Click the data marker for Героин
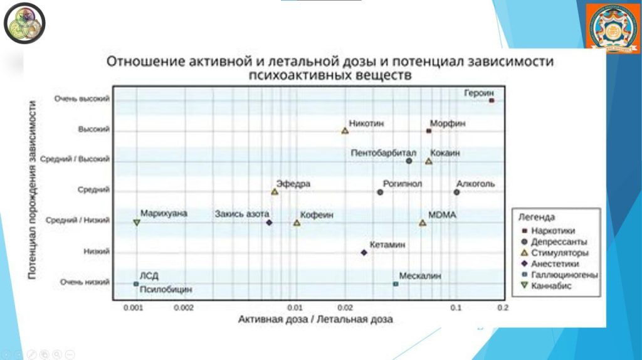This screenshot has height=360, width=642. pyautogui.click(x=492, y=100)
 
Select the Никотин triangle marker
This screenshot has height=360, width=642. pyautogui.click(x=345, y=131)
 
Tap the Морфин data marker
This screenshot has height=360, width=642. pyautogui.click(x=429, y=131)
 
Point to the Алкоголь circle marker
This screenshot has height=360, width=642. pyautogui.click(x=456, y=192)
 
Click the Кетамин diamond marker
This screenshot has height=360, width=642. pyautogui.click(x=364, y=253)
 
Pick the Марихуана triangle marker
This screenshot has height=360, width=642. pyautogui.click(x=136, y=223)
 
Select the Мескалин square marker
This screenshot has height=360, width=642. pyautogui.click(x=396, y=284)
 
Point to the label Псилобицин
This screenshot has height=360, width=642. pyautogui.click(x=166, y=290)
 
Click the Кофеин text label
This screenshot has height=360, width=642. pyautogui.click(x=317, y=214)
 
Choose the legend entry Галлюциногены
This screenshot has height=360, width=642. pyautogui.click(x=564, y=275)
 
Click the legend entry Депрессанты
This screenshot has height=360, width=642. pyautogui.click(x=559, y=241)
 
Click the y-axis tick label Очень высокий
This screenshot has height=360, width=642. pyautogui.click(x=82, y=99)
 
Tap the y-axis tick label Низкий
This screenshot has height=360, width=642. pyautogui.click(x=97, y=252)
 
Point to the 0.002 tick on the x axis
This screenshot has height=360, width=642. pyautogui.click(x=184, y=307)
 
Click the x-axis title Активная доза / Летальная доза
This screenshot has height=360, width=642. pyautogui.click(x=315, y=319)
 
